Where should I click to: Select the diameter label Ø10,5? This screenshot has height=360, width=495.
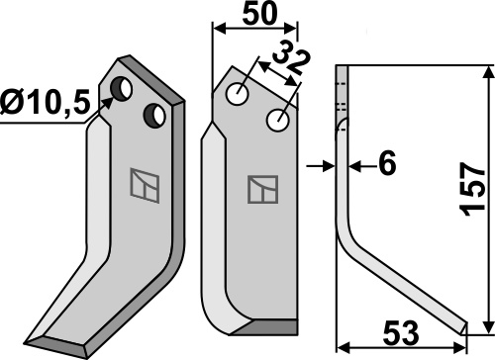46,102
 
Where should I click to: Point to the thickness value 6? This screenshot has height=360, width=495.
387,163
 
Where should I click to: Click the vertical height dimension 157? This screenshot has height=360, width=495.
474,189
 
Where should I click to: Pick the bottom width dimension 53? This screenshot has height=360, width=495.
401,334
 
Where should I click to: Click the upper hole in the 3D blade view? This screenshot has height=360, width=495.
121,89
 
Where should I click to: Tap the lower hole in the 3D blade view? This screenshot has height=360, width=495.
154,116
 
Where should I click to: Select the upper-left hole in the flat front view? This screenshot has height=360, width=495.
238,94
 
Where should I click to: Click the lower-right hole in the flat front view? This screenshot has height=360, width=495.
278,121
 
